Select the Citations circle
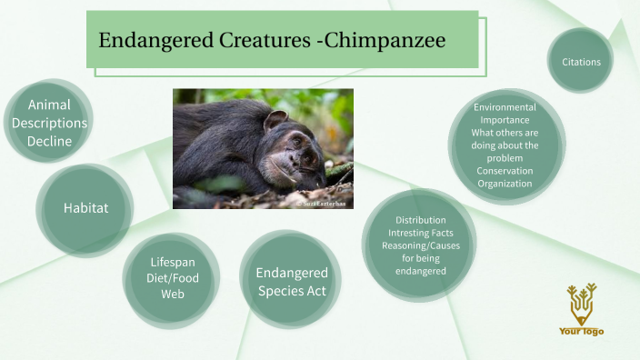click(580, 61)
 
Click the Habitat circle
click(85, 208)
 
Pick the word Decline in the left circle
click(49, 141)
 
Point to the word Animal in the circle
click(49, 105)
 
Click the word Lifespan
click(173, 262)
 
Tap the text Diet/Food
click(173, 278)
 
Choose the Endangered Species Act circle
click(291, 282)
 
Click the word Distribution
click(420, 220)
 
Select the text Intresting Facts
click(420, 234)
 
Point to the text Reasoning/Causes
click(420, 246)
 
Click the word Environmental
click(505, 107)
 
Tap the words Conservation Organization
click(505, 177)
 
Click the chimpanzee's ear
click(275, 120)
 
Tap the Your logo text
click(581, 331)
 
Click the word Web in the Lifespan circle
click(173, 294)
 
